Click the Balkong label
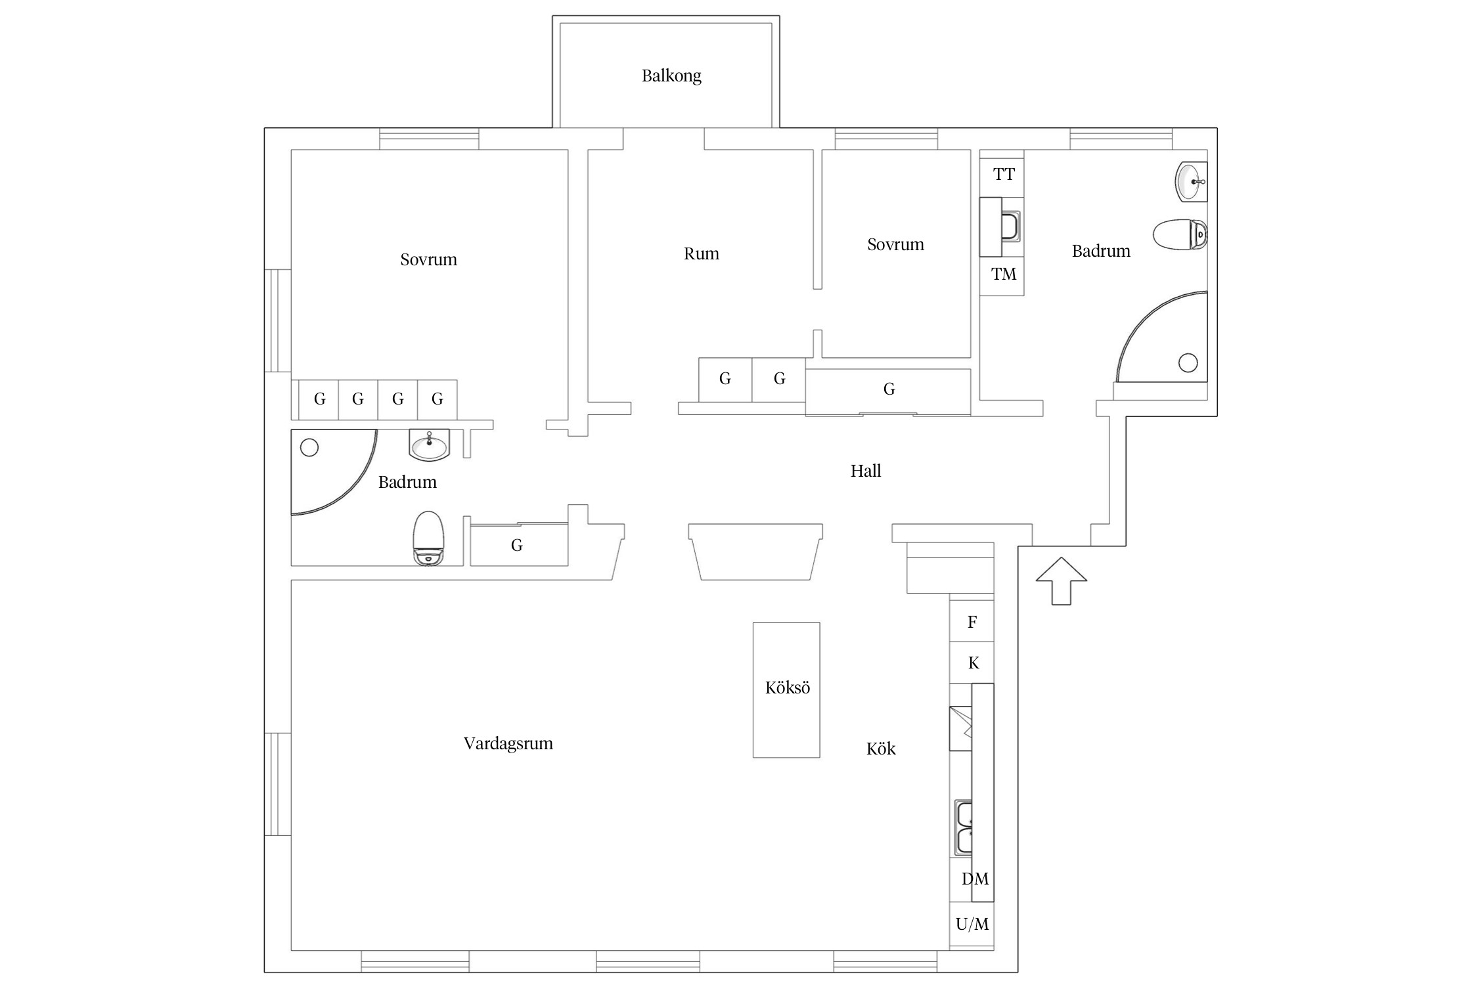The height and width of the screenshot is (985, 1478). [x=671, y=76]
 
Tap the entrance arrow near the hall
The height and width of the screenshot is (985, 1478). [x=1061, y=580]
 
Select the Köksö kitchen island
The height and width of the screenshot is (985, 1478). [x=786, y=690]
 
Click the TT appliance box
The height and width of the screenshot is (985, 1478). [x=1002, y=174]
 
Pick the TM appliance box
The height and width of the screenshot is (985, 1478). [x=1002, y=275]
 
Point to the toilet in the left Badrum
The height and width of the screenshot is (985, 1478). [x=428, y=538]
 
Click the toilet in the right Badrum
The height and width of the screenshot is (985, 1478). [x=1180, y=234]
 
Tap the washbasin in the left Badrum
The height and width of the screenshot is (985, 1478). [x=429, y=445]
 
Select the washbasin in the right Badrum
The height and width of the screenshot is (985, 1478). [x=1191, y=182]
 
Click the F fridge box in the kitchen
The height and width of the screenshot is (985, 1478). [x=972, y=621]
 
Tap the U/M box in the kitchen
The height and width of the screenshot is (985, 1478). [x=972, y=925]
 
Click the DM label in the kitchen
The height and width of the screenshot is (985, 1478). [x=975, y=879]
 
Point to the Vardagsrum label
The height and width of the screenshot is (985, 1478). [x=508, y=744]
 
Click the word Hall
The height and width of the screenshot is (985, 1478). [x=866, y=471]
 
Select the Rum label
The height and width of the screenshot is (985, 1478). [x=701, y=254]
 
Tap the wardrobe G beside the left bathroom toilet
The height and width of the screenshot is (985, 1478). [x=518, y=544]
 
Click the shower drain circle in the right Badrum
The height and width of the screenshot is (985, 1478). [x=1188, y=362]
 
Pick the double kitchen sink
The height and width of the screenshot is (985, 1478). [x=964, y=827]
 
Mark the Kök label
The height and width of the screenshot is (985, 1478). [x=880, y=749]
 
